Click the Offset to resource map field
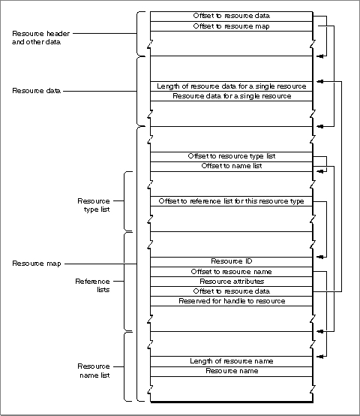(231, 26)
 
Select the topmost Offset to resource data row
(231, 17)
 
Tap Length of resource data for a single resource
(231, 86)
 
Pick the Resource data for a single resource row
(231, 96)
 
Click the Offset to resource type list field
(231, 157)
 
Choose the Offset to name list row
(231, 167)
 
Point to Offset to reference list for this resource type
(231, 201)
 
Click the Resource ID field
(231, 262)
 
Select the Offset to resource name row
(231, 272)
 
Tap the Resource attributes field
(231, 282)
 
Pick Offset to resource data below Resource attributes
(231, 291)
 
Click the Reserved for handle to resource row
(231, 301)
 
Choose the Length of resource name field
(231, 361)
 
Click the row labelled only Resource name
(231, 372)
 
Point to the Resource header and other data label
(40, 38)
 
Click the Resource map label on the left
(37, 264)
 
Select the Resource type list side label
(94, 205)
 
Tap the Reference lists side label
(92, 285)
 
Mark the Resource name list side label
(94, 371)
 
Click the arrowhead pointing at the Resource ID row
(319, 257)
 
